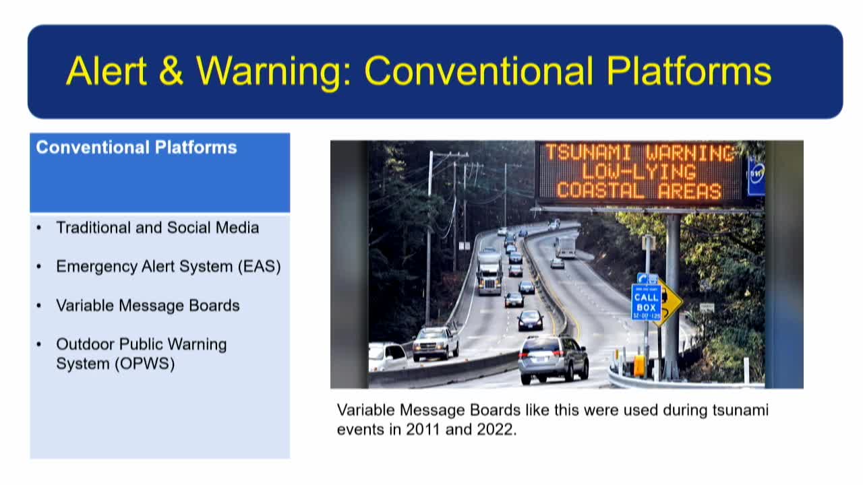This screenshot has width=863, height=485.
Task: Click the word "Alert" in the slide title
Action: (107, 70)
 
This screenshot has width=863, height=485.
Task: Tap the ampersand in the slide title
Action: (171, 70)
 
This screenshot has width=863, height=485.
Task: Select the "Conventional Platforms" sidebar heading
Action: (136, 148)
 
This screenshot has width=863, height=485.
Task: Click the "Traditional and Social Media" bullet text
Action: (157, 228)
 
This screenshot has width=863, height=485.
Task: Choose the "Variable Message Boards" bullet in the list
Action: (148, 306)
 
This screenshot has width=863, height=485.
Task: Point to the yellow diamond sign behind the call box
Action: (669, 300)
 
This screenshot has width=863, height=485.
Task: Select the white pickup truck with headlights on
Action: (436, 342)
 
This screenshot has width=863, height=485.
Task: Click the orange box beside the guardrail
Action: (638, 365)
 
